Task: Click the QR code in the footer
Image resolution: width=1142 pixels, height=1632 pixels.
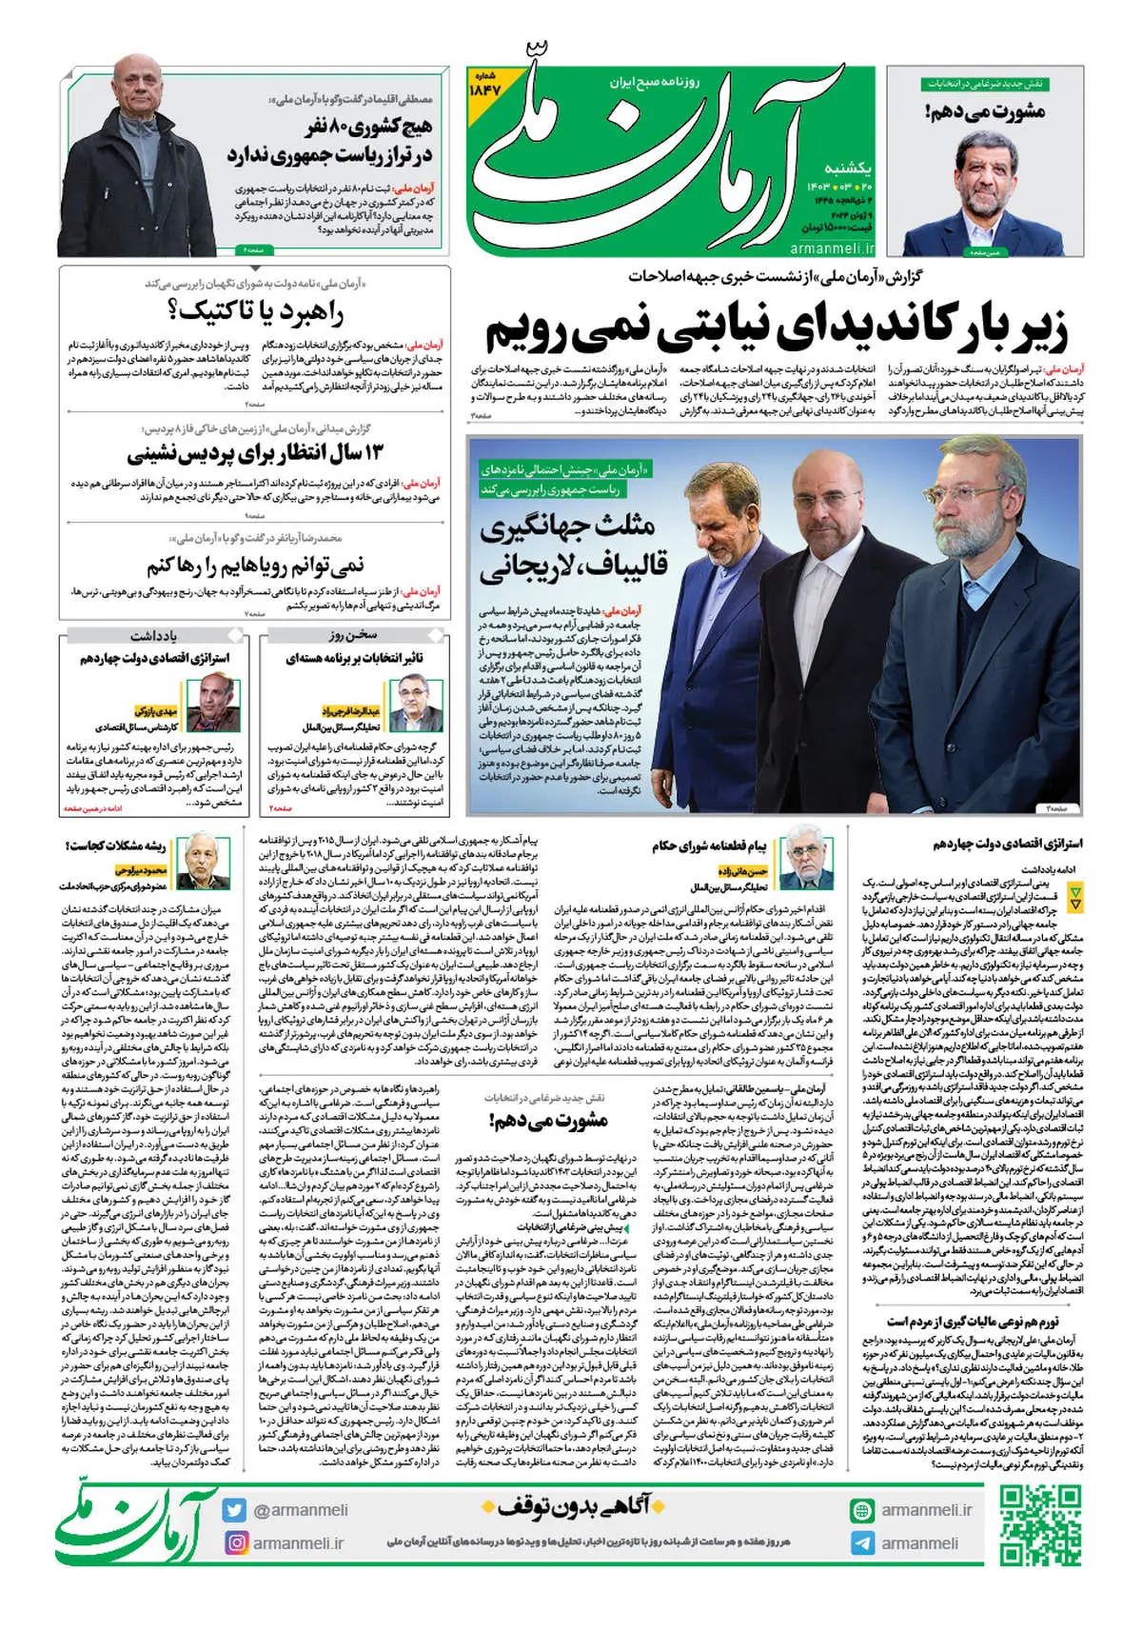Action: click(x=1040, y=1525)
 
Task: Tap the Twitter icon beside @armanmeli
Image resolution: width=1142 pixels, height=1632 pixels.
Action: click(x=234, y=1510)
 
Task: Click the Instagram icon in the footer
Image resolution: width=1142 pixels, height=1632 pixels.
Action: click(x=234, y=1542)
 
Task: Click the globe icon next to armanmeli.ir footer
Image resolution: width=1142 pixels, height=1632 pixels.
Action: click(x=862, y=1510)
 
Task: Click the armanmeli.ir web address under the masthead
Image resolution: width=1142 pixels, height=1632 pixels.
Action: click(x=832, y=249)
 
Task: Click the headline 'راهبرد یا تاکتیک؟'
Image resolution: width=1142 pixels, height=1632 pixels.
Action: click(x=255, y=310)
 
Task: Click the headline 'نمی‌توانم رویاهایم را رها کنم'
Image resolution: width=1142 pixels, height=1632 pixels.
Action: click(x=255, y=567)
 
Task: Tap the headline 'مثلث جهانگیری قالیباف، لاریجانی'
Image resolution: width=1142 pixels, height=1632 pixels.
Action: click(x=574, y=547)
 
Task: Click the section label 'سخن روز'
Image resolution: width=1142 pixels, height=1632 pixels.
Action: click(x=353, y=635)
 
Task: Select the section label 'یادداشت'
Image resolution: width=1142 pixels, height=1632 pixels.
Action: click(x=153, y=635)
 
